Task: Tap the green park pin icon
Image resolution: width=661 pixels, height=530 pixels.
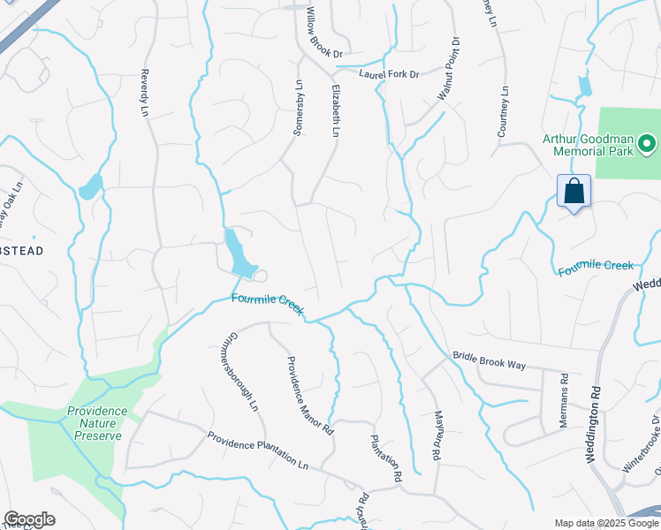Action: click(x=647, y=142)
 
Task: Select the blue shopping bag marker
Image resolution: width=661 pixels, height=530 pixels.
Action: click(x=574, y=191)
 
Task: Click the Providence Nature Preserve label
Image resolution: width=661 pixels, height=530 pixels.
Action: click(x=97, y=417)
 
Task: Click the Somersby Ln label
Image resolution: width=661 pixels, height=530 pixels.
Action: click(x=298, y=107)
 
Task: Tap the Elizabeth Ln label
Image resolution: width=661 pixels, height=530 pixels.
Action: click(x=336, y=110)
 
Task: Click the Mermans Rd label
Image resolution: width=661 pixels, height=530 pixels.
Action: click(x=563, y=400)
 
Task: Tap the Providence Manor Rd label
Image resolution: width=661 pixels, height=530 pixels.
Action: click(x=308, y=396)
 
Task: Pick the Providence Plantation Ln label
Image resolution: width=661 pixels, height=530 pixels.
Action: click(x=257, y=450)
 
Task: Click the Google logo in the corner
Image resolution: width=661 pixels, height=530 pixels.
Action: click(x=29, y=519)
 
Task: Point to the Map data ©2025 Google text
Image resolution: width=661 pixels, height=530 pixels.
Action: click(x=605, y=523)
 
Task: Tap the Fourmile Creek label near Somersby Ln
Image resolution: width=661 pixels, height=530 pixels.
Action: click(x=267, y=304)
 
